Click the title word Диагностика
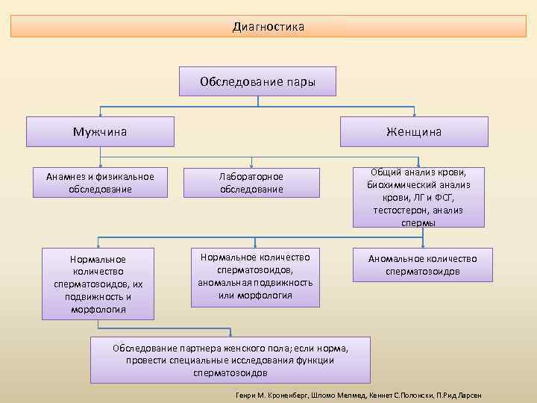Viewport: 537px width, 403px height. point(268,27)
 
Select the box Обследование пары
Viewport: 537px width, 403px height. point(257,81)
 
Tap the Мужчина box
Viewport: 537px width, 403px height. point(100,131)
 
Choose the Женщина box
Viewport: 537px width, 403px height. point(414,131)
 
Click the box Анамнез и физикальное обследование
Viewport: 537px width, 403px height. point(100,183)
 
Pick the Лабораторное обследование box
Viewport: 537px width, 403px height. point(251,183)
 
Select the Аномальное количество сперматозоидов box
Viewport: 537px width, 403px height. point(422,265)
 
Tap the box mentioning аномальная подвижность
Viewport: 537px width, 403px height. point(255,277)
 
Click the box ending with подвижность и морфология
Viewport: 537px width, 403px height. point(98,284)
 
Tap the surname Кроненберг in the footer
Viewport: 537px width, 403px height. point(285,393)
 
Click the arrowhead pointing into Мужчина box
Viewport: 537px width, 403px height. point(100,113)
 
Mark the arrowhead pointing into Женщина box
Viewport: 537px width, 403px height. point(414,113)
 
